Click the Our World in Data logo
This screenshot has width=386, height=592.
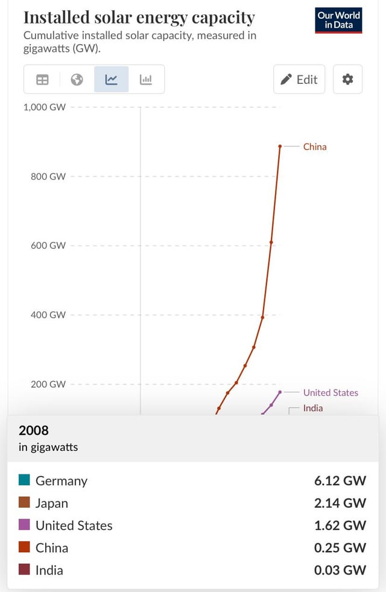[339, 20]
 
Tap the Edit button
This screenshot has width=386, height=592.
[299, 79]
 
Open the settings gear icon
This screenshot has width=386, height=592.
[347, 79]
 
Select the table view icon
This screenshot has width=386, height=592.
[42, 80]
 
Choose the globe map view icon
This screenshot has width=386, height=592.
[77, 80]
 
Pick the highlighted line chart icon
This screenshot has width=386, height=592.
[112, 80]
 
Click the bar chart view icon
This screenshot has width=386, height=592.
[146, 80]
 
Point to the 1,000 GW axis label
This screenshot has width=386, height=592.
[45, 107]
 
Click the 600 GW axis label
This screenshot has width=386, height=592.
[48, 245]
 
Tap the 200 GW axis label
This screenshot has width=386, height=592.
[48, 384]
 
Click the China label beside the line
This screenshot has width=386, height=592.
[314, 146]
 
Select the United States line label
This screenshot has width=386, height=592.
[331, 392]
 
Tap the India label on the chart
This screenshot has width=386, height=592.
[313, 408]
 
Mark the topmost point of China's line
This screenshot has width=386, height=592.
[280, 146]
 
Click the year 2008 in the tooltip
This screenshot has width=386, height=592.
[34, 430]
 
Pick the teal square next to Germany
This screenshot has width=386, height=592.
[24, 480]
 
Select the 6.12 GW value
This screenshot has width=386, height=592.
[340, 480]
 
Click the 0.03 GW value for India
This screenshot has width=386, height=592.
[340, 570]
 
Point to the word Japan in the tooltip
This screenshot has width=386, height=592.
[52, 503]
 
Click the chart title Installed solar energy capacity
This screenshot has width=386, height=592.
[139, 17]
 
